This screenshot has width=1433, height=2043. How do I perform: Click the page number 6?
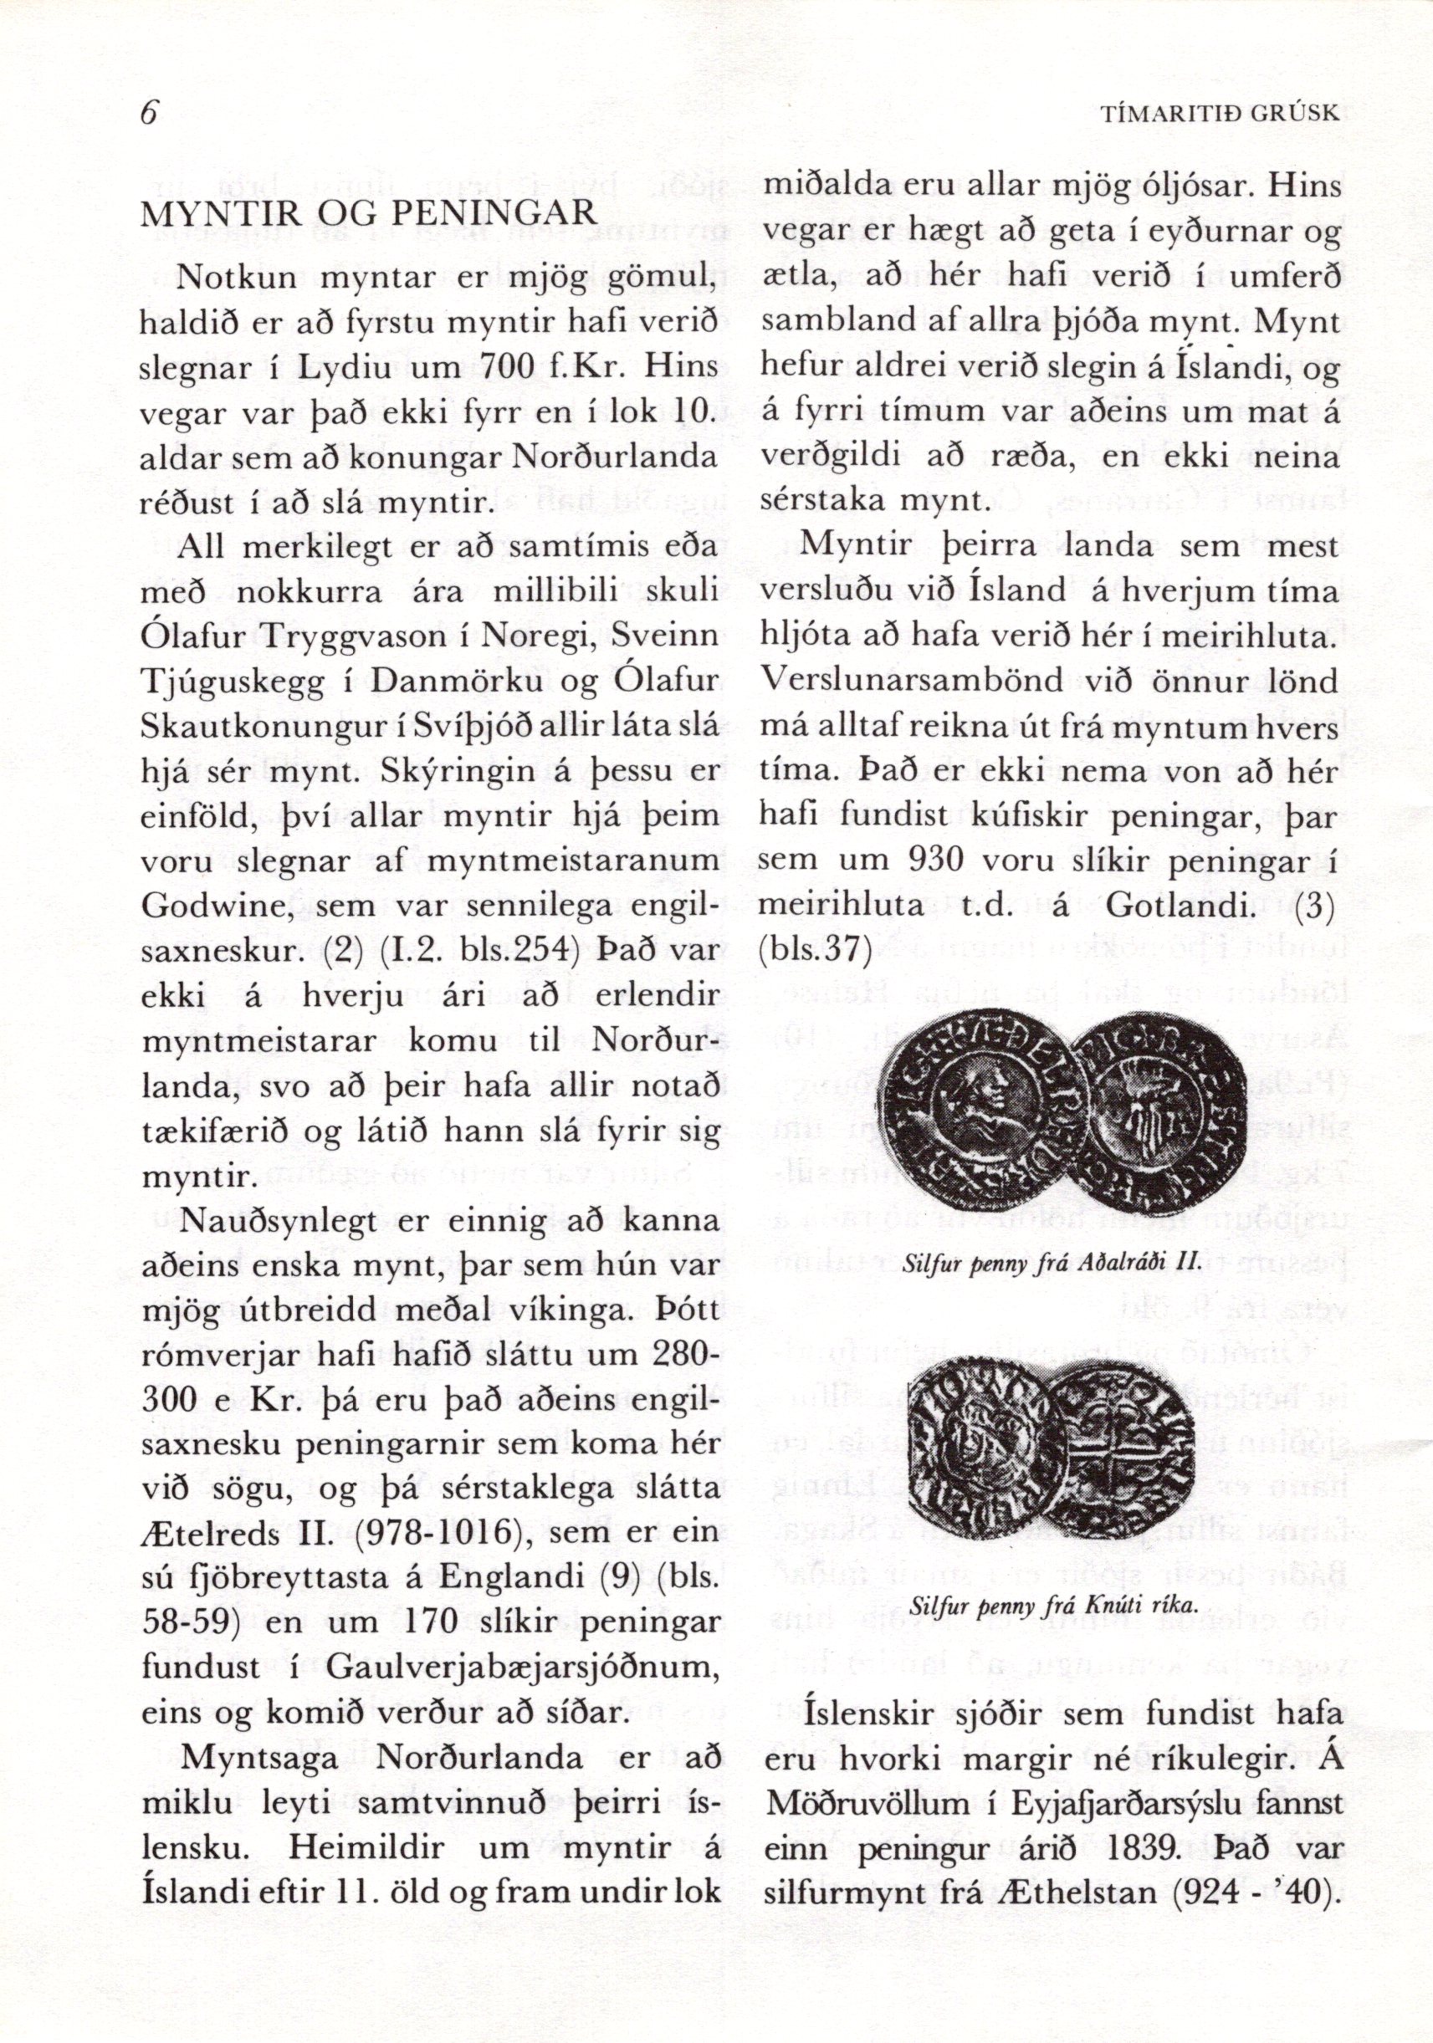point(149,114)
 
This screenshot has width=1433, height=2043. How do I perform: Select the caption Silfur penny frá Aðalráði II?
point(1039,1261)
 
